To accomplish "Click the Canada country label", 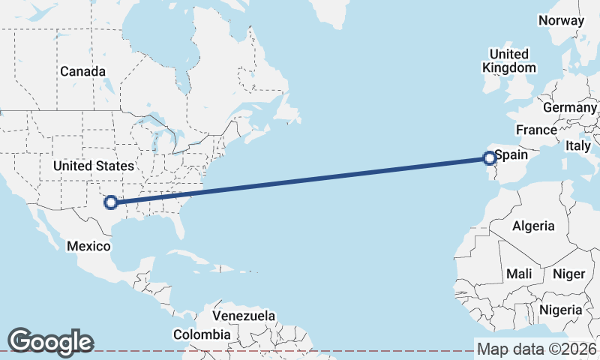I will pyautogui.click(x=82, y=71).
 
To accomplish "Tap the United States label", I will pyautogui.click(x=94, y=166).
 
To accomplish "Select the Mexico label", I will pyautogui.click(x=89, y=246).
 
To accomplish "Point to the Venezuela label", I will pyautogui.click(x=244, y=316).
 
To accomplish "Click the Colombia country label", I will pyautogui.click(x=202, y=334).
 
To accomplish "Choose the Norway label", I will pyautogui.click(x=560, y=20).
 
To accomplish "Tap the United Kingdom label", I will pyautogui.click(x=509, y=61).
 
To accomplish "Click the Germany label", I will pyautogui.click(x=569, y=107).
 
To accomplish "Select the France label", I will pyautogui.click(x=536, y=130).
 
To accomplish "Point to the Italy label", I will pyautogui.click(x=578, y=145).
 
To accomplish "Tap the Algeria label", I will pyautogui.click(x=533, y=226).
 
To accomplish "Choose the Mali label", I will pyautogui.click(x=519, y=274).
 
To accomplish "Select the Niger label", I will pyautogui.click(x=568, y=274).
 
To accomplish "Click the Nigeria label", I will pyautogui.click(x=560, y=310).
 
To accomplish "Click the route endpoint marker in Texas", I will pyautogui.click(x=111, y=202).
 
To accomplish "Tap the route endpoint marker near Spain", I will pyautogui.click(x=489, y=157).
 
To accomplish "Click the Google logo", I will pyautogui.click(x=50, y=342).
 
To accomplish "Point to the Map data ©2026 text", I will pyautogui.click(x=536, y=349).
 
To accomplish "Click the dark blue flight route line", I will pyautogui.click(x=300, y=180).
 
